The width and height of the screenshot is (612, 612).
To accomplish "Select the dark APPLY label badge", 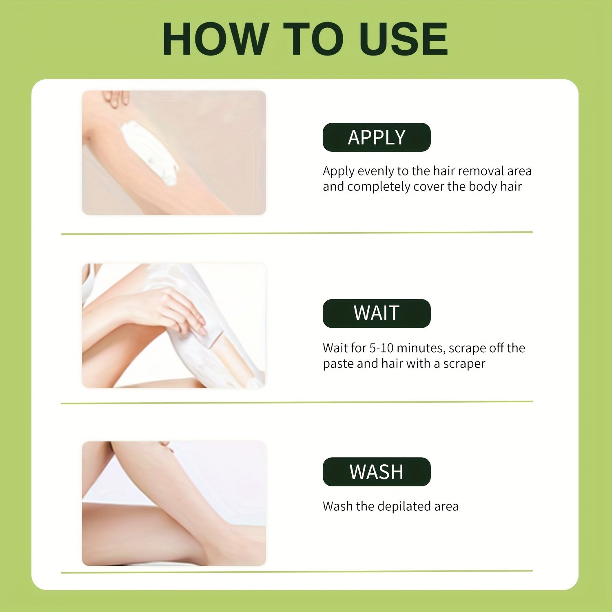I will [x=377, y=137].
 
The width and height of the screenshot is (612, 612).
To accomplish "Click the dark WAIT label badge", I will [x=377, y=313].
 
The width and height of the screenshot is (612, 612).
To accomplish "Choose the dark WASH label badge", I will [x=377, y=472].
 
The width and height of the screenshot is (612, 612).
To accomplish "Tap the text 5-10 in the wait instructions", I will [x=381, y=348].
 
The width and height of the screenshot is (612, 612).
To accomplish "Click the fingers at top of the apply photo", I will [x=116, y=98].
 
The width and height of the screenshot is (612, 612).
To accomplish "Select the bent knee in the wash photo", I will [x=122, y=453].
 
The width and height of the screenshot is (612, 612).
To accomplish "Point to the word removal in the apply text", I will [x=481, y=171].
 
